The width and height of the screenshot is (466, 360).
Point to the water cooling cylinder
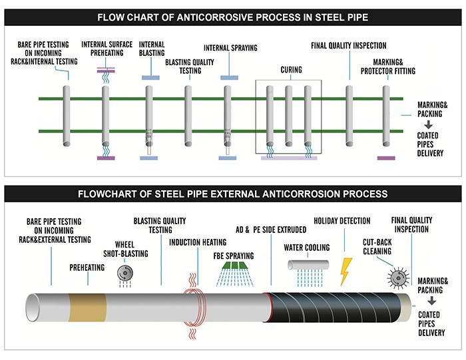[310, 265]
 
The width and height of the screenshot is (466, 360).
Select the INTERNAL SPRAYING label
[230, 48]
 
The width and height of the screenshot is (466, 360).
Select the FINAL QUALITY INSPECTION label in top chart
[348, 46]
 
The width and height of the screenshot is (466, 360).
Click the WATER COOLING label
[307, 248]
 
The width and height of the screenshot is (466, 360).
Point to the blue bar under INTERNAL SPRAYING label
[230, 78]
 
